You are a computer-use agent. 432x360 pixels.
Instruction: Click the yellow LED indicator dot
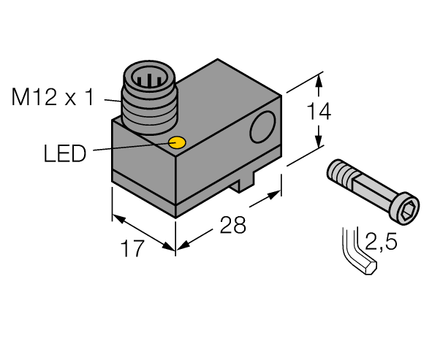pos(177,142)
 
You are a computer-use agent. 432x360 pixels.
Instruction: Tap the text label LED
pos(65,153)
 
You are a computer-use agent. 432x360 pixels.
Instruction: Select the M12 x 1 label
pos(53,96)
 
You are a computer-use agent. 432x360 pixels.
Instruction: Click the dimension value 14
pos(319,111)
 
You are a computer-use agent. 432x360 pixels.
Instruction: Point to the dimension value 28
pos(232,225)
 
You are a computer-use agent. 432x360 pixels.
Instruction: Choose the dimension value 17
pos(132,248)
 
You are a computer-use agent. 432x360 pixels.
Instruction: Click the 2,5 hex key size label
pos(382,242)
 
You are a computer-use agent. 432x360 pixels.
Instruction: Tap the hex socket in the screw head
pos(409,209)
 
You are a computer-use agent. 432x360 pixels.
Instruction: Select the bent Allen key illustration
pos(356,253)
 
